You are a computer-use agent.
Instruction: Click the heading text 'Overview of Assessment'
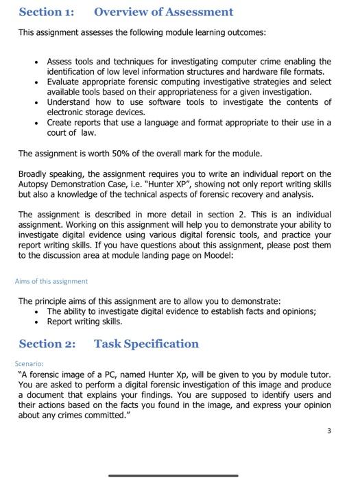point(163,12)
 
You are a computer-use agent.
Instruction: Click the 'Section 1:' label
point(47,12)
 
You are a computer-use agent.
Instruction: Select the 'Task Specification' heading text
point(146,344)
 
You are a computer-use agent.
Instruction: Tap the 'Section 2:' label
point(47,344)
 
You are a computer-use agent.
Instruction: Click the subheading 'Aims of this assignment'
point(51,281)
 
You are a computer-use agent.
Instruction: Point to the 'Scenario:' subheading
point(29,363)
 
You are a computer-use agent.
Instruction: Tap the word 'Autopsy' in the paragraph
point(34,184)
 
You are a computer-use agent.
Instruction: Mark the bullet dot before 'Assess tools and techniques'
point(36,62)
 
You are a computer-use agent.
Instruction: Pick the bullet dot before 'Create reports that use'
point(36,123)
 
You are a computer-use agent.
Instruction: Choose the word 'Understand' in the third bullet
point(70,102)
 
